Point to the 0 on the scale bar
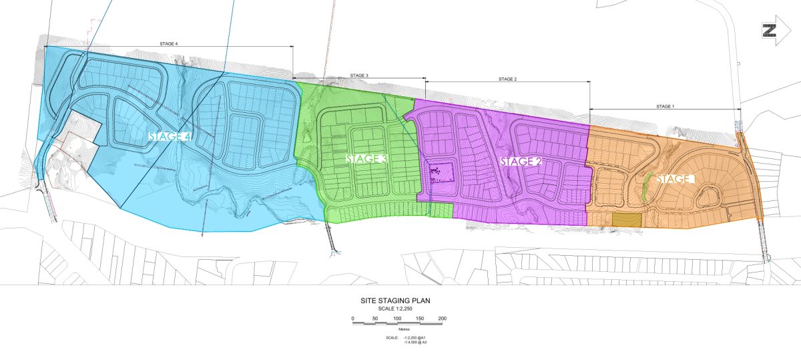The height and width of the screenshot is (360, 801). tap(352, 318)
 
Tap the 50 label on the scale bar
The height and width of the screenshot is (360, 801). tap(375, 318)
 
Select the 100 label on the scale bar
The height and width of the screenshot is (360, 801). tap(397, 318)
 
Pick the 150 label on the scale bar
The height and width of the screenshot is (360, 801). tap(420, 318)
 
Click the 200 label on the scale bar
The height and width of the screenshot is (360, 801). tap(442, 318)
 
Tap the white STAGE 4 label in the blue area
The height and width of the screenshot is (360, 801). tap(170, 137)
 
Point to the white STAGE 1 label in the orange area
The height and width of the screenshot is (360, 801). tap(676, 179)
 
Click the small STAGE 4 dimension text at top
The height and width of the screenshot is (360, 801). tap(168, 43)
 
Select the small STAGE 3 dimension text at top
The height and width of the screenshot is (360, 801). tap(358, 75)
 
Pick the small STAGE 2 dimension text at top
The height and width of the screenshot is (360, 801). tap(507, 79)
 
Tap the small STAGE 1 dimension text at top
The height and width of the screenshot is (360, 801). tap(665, 106)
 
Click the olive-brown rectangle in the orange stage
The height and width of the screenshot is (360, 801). tap(626, 220)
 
